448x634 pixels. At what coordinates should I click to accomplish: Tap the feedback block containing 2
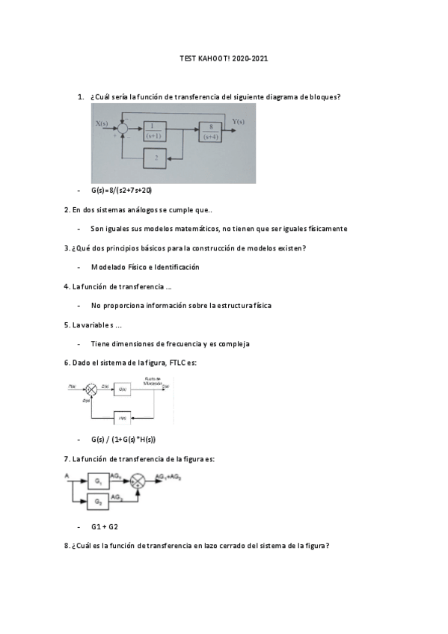click(x=156, y=158)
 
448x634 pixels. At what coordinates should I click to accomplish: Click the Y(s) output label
click(x=239, y=122)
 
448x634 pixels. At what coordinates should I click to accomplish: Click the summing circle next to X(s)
click(x=124, y=132)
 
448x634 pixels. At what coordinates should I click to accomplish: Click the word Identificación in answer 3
click(x=173, y=267)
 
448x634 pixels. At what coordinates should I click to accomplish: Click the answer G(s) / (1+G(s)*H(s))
click(x=123, y=440)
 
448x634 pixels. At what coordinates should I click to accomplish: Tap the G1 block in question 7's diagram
click(x=99, y=482)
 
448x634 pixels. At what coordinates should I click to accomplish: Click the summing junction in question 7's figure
click(x=137, y=483)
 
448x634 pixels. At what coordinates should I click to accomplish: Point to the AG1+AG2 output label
click(x=168, y=477)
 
